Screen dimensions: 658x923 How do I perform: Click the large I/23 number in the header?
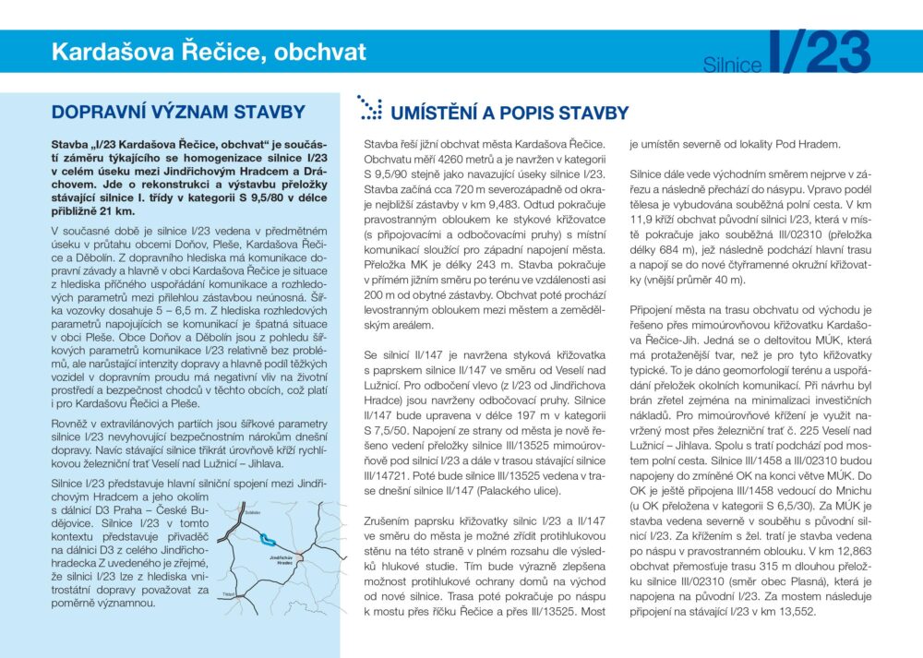pyautogui.click(x=819, y=53)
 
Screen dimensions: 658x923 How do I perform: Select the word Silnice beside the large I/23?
pyautogui.click(x=732, y=65)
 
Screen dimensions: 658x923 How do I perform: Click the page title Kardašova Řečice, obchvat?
pyautogui.click(x=209, y=52)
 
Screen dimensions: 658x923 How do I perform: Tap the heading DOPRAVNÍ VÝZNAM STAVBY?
pyautogui.click(x=178, y=113)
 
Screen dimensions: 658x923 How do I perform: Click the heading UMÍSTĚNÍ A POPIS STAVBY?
pyautogui.click(x=509, y=114)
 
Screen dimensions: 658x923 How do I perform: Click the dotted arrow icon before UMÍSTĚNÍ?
pyautogui.click(x=369, y=108)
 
